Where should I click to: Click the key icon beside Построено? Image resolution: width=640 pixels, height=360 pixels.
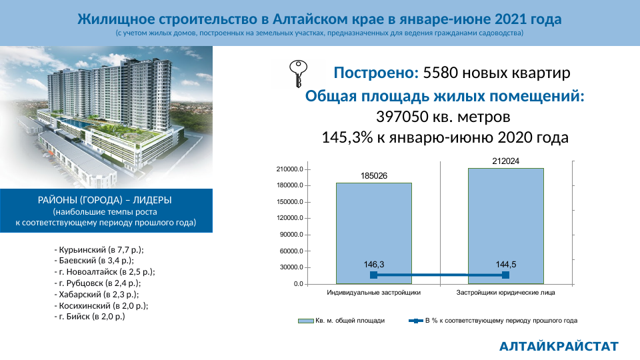tap(298, 73)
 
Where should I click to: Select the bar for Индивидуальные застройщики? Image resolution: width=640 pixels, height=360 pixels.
tap(374, 233)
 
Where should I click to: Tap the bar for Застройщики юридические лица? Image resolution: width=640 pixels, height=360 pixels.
tap(506, 226)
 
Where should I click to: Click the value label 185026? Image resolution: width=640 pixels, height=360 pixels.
tap(374, 176)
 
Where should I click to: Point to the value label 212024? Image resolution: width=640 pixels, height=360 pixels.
tap(506, 161)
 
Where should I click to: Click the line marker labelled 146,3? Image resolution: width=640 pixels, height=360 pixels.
tap(373, 275)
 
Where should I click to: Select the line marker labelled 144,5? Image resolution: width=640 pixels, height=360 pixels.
tap(506, 275)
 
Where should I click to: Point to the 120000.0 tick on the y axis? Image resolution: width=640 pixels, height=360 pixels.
tap(290, 218)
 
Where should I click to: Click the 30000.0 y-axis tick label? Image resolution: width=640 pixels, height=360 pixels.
tap(291, 267)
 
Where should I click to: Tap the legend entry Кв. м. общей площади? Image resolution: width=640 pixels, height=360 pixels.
tap(341, 321)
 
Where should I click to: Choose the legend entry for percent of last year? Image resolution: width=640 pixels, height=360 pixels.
tap(493, 321)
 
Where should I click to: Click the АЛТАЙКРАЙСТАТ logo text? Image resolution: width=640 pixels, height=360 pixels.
tap(559, 347)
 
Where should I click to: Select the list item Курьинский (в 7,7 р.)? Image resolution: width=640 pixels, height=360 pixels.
tap(99, 249)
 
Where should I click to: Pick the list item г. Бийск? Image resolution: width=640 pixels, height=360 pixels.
tap(89, 316)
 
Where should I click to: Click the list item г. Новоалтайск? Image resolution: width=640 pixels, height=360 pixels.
tap(105, 271)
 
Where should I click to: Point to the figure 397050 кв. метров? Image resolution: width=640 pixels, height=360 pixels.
tap(443, 117)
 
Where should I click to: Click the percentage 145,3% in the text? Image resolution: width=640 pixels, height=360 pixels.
tap(347, 137)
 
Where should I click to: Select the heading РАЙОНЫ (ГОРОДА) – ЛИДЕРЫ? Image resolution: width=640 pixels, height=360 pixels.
tap(105, 200)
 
